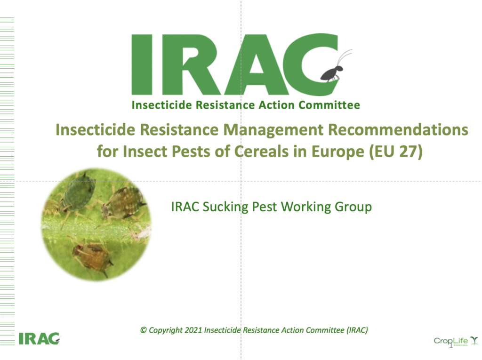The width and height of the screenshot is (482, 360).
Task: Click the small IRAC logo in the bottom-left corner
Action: (39, 338)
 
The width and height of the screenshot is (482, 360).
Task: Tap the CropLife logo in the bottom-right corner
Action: (456, 341)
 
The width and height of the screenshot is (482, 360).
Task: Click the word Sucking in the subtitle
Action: (227, 207)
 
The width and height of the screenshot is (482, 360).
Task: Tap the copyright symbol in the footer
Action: (144, 330)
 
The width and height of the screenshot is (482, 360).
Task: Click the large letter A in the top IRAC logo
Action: (257, 64)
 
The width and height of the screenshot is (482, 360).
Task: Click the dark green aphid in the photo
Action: (78, 193)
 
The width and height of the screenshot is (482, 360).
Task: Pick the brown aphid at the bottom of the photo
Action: (92, 254)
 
